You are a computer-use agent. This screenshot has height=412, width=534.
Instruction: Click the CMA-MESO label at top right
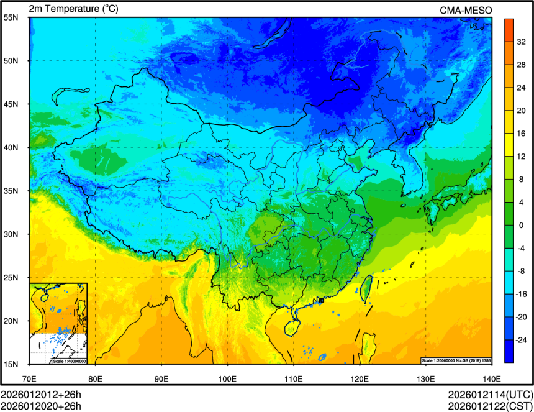click(x=466, y=9)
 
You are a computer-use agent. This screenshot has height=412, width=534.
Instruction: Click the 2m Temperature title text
click(x=73, y=9)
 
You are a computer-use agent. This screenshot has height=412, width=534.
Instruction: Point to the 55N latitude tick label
click(x=11, y=17)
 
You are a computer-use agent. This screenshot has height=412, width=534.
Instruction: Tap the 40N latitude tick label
click(x=11, y=147)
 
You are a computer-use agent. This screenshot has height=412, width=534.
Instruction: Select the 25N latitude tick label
click(x=11, y=277)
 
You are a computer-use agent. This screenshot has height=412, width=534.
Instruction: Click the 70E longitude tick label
click(x=29, y=378)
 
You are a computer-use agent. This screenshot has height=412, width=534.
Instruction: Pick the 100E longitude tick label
click(x=227, y=378)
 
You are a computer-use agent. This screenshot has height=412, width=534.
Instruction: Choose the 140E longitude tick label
click(x=492, y=378)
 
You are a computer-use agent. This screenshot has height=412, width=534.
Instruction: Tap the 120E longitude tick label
click(x=360, y=378)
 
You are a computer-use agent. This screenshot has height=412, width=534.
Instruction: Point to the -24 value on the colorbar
click(x=520, y=340)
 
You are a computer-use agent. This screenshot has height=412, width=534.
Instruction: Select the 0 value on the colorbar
click(x=520, y=225)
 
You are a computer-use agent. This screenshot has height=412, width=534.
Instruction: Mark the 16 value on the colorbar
click(x=520, y=133)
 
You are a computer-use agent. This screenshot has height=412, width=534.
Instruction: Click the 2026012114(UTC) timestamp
click(x=490, y=395)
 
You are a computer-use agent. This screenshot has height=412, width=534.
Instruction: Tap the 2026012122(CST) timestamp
click(x=490, y=406)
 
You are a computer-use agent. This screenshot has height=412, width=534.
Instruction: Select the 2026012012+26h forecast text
click(x=41, y=395)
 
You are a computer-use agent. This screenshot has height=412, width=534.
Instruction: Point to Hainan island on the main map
click(x=291, y=326)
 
